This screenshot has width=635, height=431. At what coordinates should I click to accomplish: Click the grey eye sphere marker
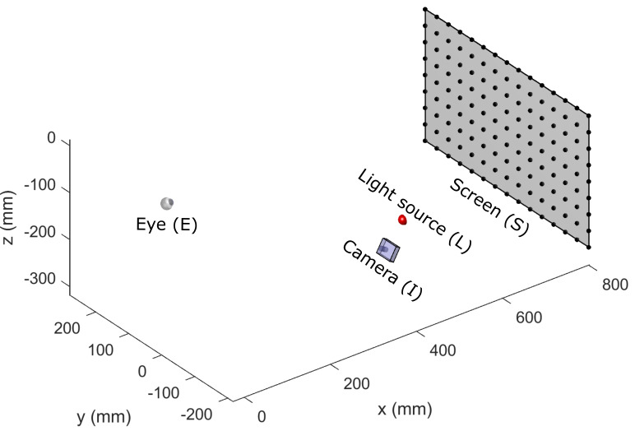pyautogui.click(x=167, y=203)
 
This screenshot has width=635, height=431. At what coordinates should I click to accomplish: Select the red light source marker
pyautogui.click(x=402, y=220)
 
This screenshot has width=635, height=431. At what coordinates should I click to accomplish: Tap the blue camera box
pyautogui.click(x=388, y=248)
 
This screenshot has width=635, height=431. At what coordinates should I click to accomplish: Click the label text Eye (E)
pyautogui.click(x=167, y=223)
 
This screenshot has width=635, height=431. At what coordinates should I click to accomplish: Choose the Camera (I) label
pyautogui.click(x=381, y=270)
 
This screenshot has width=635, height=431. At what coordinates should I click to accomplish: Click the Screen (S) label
pyautogui.click(x=489, y=207)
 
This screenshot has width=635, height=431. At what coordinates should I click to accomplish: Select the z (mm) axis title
pyautogui.click(x=11, y=215)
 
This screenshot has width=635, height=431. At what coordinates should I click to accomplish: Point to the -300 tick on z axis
pyautogui.click(x=40, y=280)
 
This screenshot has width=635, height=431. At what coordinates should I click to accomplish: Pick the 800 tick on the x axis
pyautogui.click(x=614, y=285)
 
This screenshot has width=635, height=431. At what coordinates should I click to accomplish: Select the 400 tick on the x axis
pyautogui.click(x=443, y=351)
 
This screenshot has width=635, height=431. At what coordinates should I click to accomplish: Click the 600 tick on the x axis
pyautogui.click(x=530, y=318)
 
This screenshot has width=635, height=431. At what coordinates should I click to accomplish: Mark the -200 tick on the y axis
pyautogui.click(x=194, y=414)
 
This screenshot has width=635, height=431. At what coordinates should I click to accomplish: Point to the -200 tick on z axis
pyautogui.click(x=40, y=236)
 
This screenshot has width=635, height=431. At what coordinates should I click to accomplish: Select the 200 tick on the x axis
pyautogui.click(x=355, y=383)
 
